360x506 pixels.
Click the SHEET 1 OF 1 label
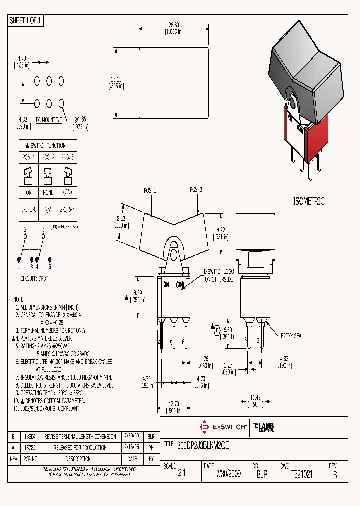tap(26, 21)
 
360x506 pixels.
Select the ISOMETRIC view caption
tap(308, 202)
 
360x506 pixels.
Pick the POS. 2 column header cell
tap(48, 157)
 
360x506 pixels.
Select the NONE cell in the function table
tap(48, 192)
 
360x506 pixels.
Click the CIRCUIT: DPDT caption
tap(34, 278)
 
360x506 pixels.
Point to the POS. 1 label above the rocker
tap(150, 190)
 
